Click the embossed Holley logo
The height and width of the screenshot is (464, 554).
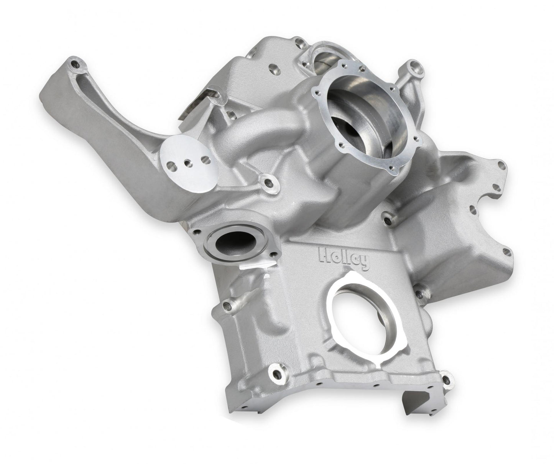pos(344,259)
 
